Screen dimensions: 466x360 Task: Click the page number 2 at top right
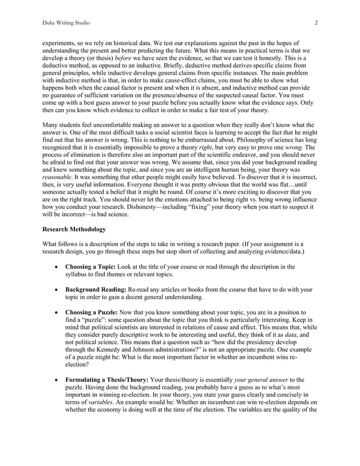(317, 22)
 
